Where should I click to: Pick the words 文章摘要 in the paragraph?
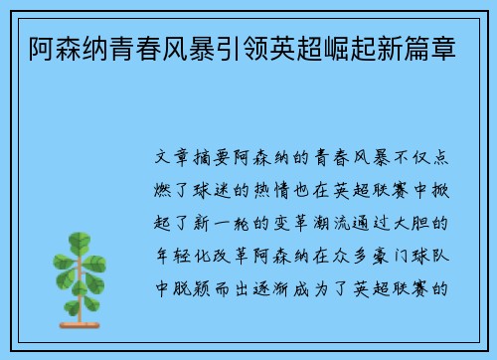tap(193, 157)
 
